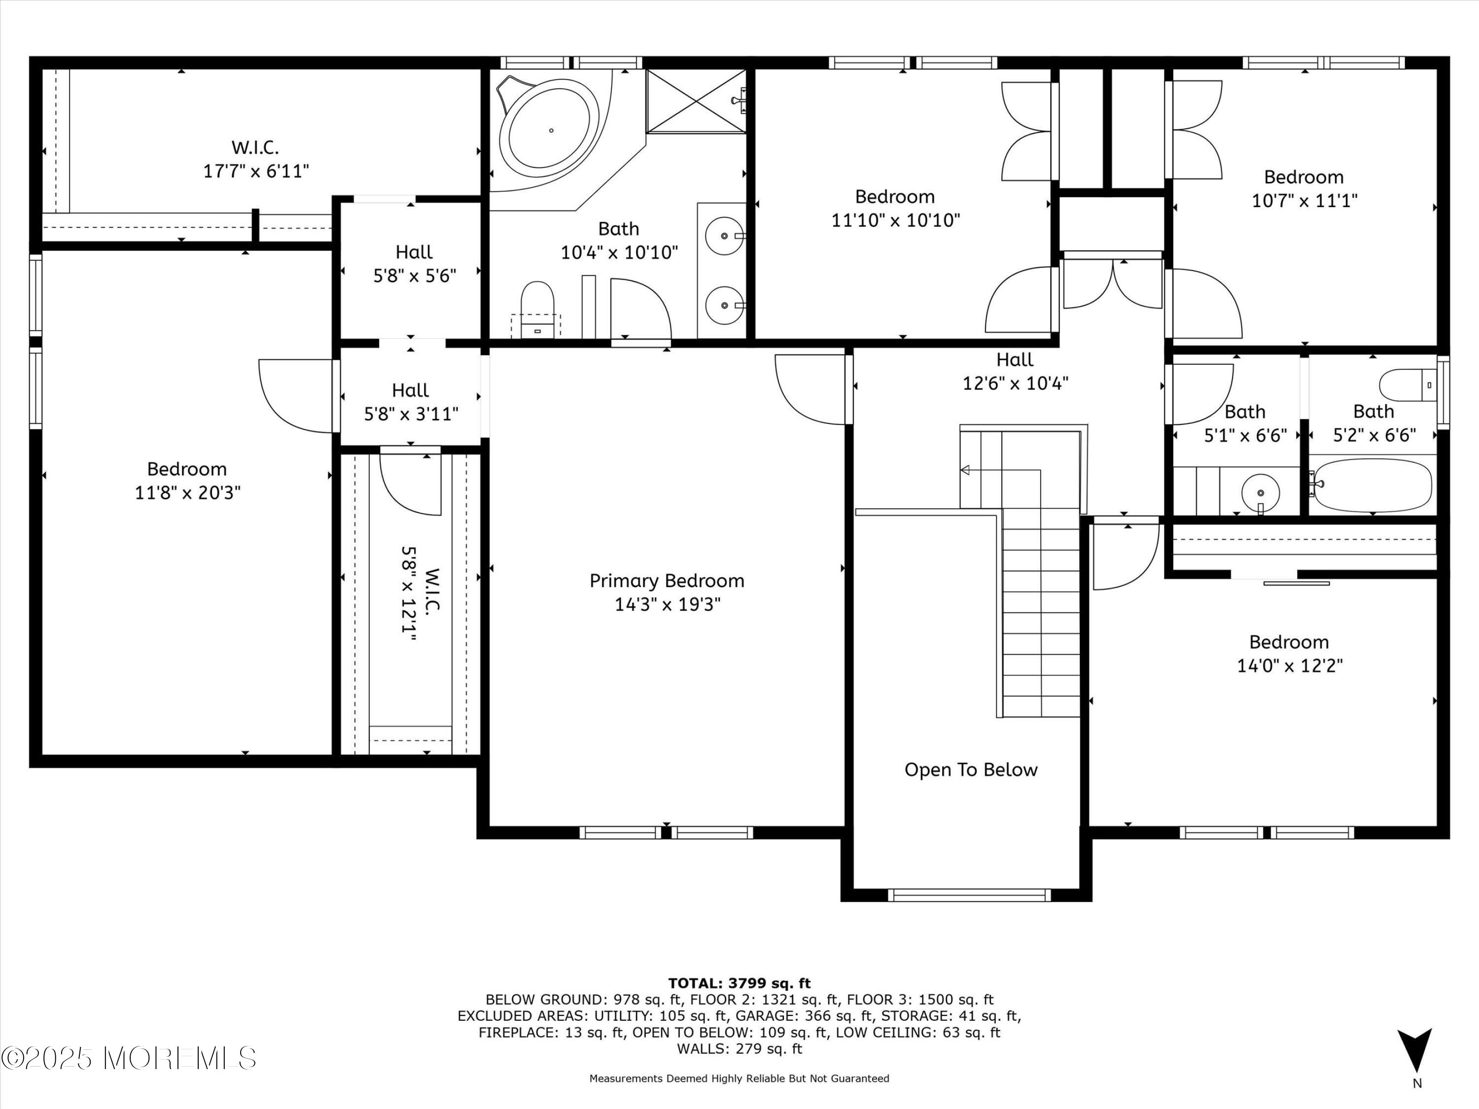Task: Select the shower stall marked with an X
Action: pos(696,102)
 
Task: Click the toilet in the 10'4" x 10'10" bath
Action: pos(537,301)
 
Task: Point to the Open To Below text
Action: pos(971,770)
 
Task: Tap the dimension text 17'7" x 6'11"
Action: pos(256,171)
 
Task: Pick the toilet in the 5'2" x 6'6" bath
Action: pos(1406,386)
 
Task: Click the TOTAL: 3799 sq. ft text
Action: pos(739,983)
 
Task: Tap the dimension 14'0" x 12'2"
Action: pos(1289,666)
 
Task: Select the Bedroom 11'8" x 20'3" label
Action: pos(187,481)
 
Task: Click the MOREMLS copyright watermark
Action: pos(129,1058)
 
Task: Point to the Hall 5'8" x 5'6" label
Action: pos(414,263)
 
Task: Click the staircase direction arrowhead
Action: pos(965,471)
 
